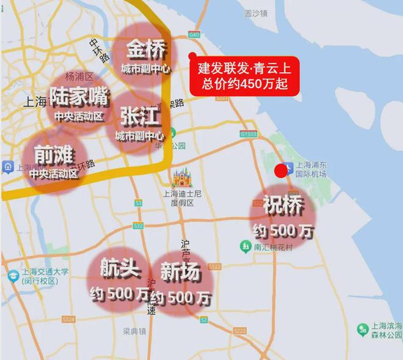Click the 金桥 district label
[145, 49]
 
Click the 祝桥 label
[283, 207]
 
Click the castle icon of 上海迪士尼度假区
[181, 178]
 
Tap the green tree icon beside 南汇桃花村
[245, 246]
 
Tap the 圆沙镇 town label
[256, 13]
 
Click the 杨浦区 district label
[79, 76]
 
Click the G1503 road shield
[249, 133]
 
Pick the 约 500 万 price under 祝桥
[283, 231]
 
